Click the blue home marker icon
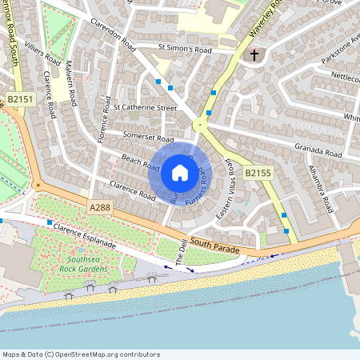pos(180,172)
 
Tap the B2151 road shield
pos(22,99)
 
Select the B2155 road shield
pos(258,172)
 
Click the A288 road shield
pos(100,207)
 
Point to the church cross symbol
pos(254,55)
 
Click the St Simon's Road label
pos(185,50)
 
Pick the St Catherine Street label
pos(145,106)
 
